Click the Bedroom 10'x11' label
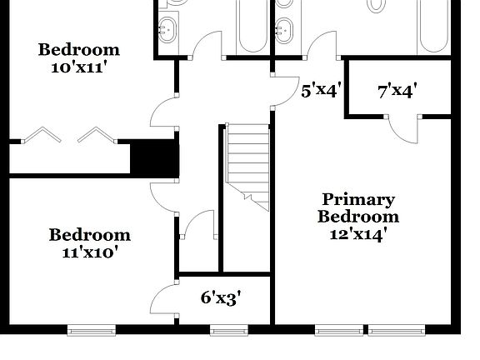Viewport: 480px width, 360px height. pos(78,58)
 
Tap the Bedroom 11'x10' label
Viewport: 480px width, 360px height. pos(89,242)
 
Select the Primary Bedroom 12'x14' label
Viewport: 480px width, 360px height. pos(358,216)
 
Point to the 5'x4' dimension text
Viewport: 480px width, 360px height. pos(321,90)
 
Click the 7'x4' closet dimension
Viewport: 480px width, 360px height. pos(397,90)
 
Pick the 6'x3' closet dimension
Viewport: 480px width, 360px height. pos(222,297)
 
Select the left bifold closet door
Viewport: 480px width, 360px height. pos(38,135)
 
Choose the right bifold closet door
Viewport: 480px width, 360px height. pos(96,135)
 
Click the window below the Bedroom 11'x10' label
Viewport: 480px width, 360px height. pos(89,331)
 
